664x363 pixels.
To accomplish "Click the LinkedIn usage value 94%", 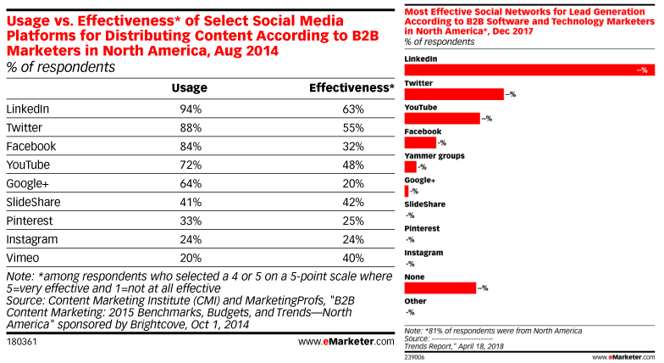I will [190, 109].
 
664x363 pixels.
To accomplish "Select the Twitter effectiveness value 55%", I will [353, 127].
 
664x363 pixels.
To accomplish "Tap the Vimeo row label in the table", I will [23, 257].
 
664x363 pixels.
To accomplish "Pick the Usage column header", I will [189, 87].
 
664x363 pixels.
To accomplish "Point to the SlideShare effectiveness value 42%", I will [353, 202].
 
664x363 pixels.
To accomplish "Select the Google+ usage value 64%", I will [190, 183].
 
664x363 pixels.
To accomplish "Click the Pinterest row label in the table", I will [30, 221].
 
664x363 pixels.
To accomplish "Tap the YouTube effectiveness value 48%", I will [353, 165].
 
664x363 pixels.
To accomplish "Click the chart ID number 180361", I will [23, 342].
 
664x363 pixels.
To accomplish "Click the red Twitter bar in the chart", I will [454, 95].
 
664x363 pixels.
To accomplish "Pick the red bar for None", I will [440, 288].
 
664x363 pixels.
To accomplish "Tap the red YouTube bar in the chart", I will [442, 119].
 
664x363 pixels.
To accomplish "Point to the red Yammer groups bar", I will [411, 167].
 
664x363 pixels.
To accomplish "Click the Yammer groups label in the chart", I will [434, 156].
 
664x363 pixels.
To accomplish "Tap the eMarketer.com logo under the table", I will [346, 342].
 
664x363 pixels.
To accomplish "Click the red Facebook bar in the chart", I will [420, 142].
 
